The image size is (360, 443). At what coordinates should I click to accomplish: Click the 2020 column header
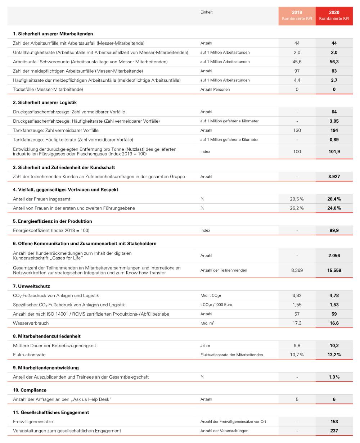coord(334,15)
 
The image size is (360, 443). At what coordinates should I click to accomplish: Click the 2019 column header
coord(297,15)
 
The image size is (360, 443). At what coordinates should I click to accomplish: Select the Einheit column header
coord(207,12)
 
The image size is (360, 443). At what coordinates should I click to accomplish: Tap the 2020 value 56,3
coord(334,62)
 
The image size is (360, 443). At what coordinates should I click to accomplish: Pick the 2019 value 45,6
coord(297,62)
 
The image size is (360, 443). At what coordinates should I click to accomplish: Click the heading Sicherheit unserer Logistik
coord(45,103)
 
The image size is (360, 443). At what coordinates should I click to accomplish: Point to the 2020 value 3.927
coord(334,177)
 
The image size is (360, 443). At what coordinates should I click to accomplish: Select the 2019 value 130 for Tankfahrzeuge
coord(297,130)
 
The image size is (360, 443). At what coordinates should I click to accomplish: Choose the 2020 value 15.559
coord(334,270)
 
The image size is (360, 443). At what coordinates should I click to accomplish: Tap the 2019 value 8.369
coord(297,270)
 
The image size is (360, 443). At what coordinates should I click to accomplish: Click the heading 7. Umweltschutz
coord(31,286)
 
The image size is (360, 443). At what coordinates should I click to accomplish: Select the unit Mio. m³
coord(208,324)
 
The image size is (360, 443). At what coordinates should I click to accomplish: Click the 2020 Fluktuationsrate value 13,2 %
coord(334,355)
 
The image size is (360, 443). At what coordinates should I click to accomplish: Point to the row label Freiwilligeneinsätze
coord(33,421)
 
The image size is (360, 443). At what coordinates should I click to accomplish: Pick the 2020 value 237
coord(334,431)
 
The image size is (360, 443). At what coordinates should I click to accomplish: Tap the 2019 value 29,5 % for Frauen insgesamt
coord(297,199)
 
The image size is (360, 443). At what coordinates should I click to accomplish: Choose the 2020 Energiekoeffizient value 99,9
coord(334,230)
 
